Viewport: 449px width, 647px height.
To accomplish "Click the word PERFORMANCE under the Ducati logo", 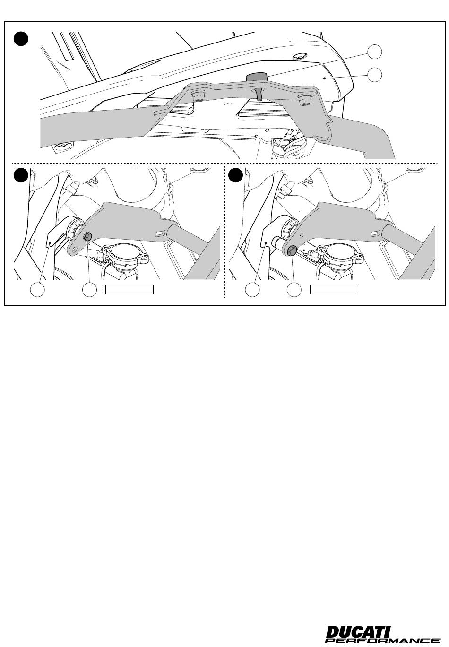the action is point(383,640).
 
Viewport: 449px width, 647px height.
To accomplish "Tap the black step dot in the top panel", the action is point(21,39).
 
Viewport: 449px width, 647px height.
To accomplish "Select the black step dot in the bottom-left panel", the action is point(21,175).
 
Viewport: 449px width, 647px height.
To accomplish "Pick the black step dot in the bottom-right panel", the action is point(235,175).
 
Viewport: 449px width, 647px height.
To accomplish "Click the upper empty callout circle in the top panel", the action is point(375,52).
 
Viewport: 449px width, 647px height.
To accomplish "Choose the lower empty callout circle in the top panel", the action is point(375,75).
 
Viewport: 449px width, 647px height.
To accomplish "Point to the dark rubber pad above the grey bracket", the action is point(257,77).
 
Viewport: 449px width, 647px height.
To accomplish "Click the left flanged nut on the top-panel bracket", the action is point(198,96).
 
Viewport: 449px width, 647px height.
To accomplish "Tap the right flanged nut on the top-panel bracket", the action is point(303,100).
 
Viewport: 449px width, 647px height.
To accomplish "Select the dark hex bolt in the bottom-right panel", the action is point(291,250).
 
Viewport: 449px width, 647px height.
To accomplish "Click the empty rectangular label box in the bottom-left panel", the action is point(130,290).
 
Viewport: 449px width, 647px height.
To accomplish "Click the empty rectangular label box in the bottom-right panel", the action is point(334,290).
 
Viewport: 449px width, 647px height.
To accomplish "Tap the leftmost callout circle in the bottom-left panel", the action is point(38,290).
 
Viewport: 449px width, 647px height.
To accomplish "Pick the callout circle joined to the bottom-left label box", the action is point(90,290).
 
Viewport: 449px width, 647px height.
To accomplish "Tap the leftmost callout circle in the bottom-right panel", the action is point(252,290).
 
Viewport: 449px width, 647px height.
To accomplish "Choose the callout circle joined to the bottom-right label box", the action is point(294,290).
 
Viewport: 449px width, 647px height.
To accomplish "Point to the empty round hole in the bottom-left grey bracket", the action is point(75,249).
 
